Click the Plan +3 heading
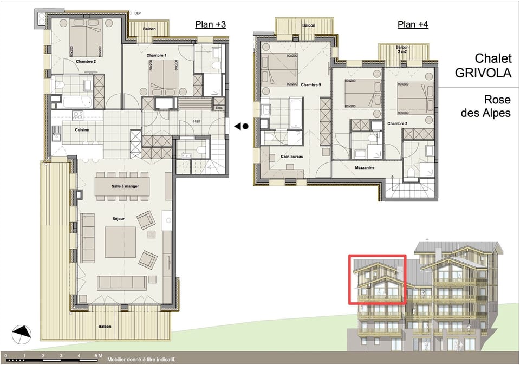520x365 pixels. click(210, 24)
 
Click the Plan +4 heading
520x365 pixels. click(413, 24)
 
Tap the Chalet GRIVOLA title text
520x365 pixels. click(492, 66)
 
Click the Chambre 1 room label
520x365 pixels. click(157, 56)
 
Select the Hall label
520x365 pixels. click(197, 121)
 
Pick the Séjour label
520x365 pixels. click(118, 219)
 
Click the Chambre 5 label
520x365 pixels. click(310, 85)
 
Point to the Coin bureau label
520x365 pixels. click(291, 157)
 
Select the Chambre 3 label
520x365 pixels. click(396, 124)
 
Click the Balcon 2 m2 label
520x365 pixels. click(402, 50)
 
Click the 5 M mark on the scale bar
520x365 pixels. click(97, 356)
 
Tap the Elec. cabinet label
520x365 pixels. click(219, 108)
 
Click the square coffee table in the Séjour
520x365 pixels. click(120, 242)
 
